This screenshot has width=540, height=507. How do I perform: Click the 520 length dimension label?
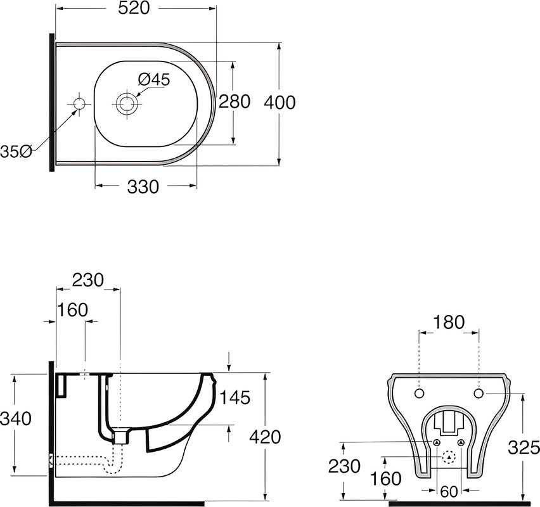(134, 9)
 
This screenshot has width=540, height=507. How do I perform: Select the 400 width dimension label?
(280, 103)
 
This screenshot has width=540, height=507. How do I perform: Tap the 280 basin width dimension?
(235, 102)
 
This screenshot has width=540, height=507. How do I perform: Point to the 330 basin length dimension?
(143, 187)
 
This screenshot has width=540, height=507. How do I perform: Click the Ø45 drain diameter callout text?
(154, 80)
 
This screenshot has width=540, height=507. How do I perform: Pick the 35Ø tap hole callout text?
(16, 151)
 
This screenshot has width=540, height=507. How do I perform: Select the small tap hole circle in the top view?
(80, 103)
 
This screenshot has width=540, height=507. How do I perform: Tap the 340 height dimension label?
(16, 419)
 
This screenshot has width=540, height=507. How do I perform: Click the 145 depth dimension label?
(235, 398)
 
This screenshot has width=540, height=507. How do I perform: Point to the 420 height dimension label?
(265, 437)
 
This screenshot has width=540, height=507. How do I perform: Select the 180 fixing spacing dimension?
(449, 323)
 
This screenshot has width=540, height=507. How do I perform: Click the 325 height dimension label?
(524, 448)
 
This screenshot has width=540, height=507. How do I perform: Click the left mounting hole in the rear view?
(419, 394)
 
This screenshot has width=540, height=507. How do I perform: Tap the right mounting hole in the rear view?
(479, 393)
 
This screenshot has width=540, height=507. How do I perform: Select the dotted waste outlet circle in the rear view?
(449, 457)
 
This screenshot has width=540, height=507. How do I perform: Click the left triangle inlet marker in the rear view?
(437, 442)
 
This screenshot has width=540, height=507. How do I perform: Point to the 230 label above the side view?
(88, 280)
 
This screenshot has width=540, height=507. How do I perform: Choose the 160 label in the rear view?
(386, 478)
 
